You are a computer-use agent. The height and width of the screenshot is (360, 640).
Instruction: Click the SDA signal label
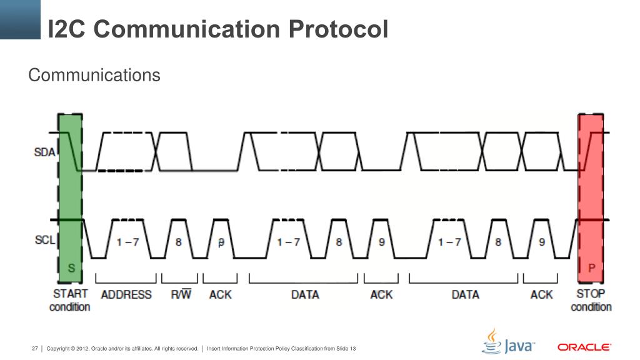(45, 152)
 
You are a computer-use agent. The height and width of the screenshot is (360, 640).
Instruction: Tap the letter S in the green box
(71, 268)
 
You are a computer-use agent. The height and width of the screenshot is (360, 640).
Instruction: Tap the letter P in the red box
(591, 268)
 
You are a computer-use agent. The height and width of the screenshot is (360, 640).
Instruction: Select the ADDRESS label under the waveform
(126, 294)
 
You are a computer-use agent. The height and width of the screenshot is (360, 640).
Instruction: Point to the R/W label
(181, 294)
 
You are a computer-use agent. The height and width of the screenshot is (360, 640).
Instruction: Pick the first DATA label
(305, 294)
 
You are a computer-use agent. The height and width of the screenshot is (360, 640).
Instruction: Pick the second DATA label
(465, 294)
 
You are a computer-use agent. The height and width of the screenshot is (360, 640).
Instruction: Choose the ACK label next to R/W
(220, 294)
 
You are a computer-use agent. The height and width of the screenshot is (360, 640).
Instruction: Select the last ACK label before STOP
(541, 294)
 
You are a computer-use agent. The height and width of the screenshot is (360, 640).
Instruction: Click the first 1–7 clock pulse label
(127, 242)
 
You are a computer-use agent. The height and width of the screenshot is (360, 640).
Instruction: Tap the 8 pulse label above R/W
(179, 242)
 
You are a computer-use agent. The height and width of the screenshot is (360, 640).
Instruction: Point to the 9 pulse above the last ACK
(542, 242)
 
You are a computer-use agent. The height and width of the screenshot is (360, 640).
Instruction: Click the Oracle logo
(584, 347)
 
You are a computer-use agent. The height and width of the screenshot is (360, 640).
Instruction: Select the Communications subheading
(94, 76)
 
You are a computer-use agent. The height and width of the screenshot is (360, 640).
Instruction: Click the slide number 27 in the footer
(35, 348)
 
